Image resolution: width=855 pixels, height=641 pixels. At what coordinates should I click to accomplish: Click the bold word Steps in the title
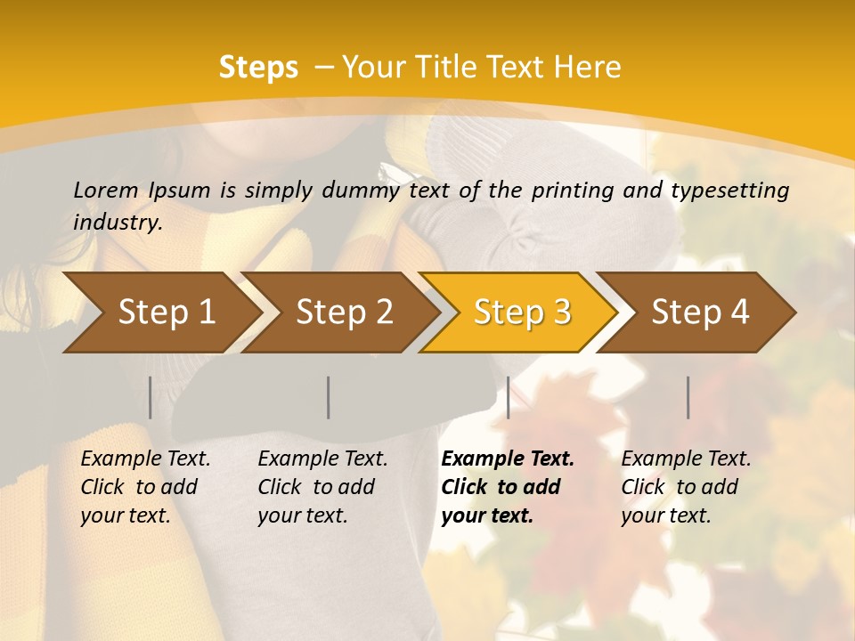coord(258,67)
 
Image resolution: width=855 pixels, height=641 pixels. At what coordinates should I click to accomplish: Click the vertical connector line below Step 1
coord(150,397)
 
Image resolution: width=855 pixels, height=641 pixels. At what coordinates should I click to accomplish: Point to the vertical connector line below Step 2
coord(329,397)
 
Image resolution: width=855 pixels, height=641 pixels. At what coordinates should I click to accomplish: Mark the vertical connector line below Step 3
coord(508,397)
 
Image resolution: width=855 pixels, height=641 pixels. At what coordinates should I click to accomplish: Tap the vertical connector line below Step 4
coord(688,397)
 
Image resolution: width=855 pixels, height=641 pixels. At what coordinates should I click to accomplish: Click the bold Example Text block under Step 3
coord(507,487)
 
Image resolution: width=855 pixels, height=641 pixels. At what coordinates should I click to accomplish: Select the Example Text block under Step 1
coord(145,487)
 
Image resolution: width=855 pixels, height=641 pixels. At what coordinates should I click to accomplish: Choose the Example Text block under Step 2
coord(322,487)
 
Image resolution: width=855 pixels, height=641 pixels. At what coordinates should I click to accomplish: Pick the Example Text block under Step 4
coord(686,487)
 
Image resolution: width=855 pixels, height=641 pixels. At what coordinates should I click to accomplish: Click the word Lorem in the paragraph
coord(105,190)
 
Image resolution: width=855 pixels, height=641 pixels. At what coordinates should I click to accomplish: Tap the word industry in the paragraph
coord(117,223)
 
